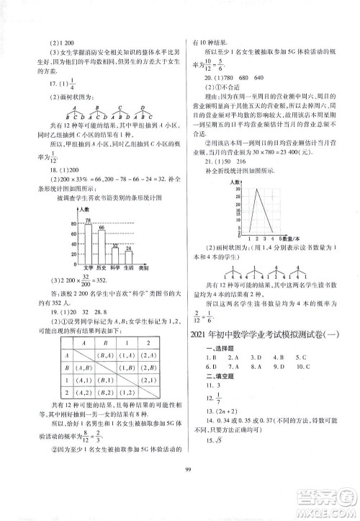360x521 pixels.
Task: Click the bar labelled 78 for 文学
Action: point(89,242)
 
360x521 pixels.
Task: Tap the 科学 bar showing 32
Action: point(115,256)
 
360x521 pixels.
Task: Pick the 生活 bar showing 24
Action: point(129,258)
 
